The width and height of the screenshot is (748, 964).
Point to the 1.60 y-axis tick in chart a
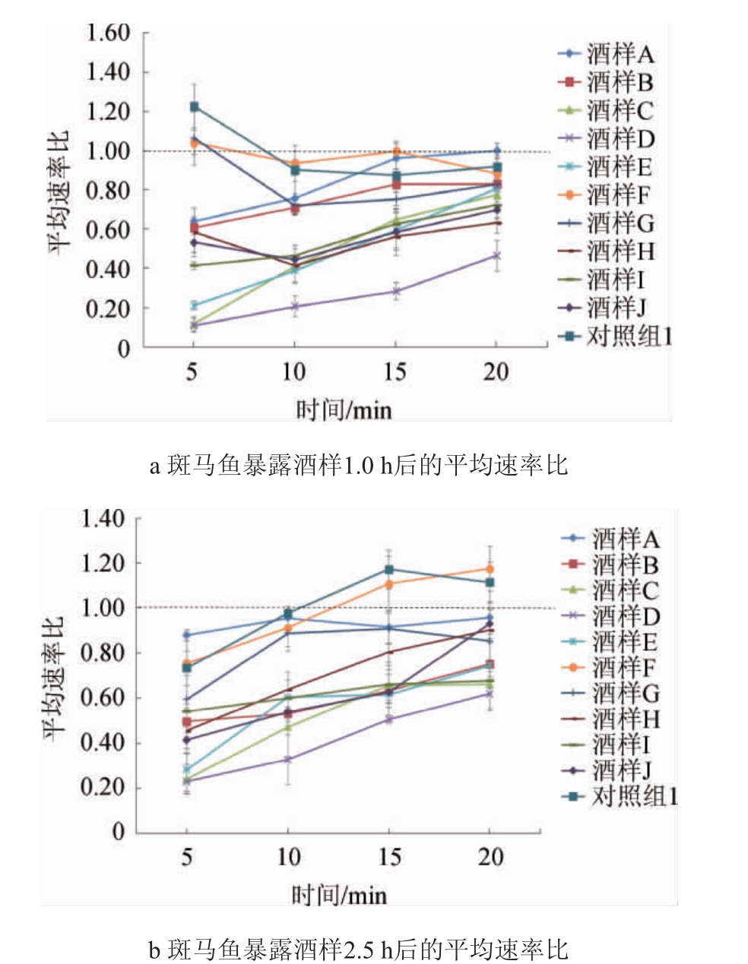click(108, 33)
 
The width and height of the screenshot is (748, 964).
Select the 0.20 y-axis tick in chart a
click(108, 308)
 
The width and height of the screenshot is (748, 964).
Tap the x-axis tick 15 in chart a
click(395, 372)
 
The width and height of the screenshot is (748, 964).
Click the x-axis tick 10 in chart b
click(288, 857)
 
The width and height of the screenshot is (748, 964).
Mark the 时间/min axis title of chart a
click(344, 410)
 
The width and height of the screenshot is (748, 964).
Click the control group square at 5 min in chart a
click(194, 107)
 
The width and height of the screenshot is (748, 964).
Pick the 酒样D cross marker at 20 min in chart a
click(496, 256)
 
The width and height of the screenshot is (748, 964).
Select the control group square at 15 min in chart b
click(389, 570)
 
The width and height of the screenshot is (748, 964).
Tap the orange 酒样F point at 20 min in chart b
click(490, 569)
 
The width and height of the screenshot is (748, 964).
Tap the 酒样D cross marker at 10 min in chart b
click(288, 759)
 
